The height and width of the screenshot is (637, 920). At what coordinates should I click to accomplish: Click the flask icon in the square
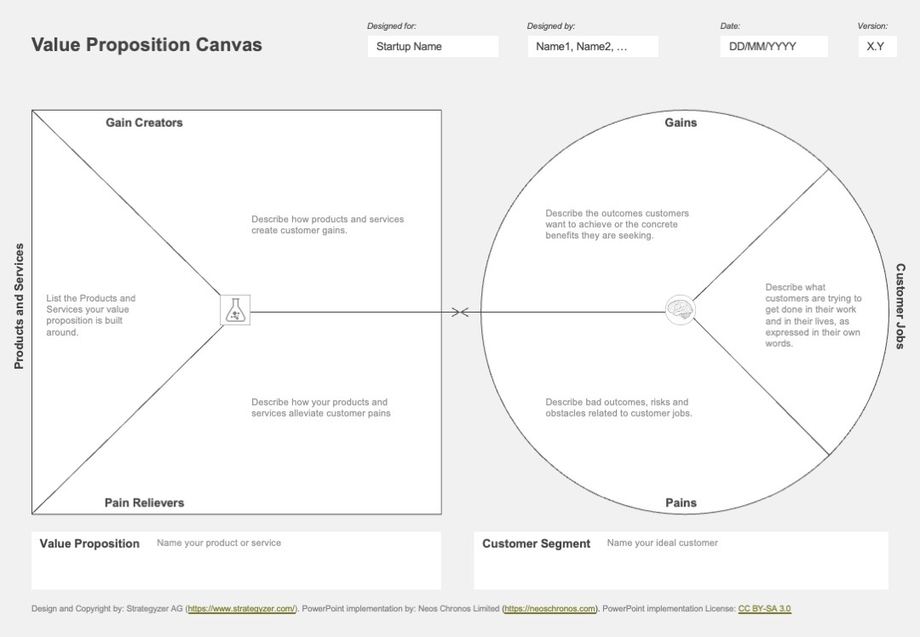(235, 310)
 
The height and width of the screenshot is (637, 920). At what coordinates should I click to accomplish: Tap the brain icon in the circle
(681, 309)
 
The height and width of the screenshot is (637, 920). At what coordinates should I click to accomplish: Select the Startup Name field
(433, 46)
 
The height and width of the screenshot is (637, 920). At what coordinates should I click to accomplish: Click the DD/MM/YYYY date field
(773, 46)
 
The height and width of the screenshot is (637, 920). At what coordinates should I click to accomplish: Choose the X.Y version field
(877, 46)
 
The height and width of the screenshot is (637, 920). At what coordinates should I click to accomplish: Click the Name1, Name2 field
(593, 46)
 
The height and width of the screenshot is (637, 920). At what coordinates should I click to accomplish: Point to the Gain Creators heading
(144, 123)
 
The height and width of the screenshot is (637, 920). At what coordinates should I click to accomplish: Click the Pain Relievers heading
(144, 502)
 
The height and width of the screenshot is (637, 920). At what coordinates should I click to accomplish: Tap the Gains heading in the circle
(681, 123)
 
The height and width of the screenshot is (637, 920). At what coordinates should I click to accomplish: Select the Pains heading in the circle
(681, 502)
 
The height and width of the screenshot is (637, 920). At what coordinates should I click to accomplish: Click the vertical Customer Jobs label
(900, 307)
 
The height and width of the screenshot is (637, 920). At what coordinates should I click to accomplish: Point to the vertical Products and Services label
(19, 307)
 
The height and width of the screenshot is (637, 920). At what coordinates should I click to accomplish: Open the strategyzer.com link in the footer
(241, 609)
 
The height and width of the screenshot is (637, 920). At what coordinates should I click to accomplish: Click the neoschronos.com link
(549, 609)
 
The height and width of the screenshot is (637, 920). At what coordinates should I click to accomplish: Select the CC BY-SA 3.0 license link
(764, 609)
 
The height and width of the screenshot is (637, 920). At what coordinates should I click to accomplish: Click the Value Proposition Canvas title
(147, 44)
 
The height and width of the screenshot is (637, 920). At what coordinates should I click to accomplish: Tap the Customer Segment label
(537, 543)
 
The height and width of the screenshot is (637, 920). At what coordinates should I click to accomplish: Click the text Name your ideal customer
(663, 543)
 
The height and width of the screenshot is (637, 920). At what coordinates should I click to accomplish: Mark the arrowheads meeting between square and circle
(461, 312)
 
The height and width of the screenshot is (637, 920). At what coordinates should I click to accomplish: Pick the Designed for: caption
(392, 26)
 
